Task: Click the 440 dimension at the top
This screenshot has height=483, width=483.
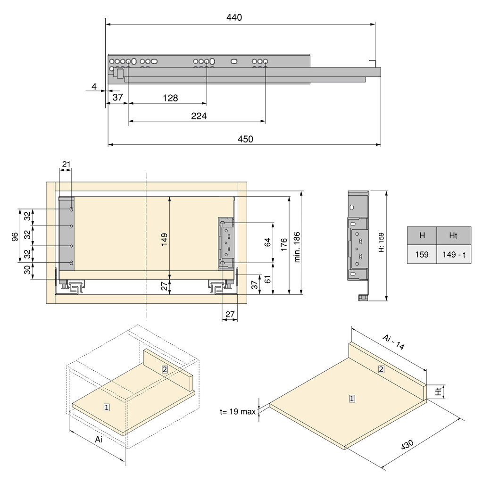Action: (234, 18)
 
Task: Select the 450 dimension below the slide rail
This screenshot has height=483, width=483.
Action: (245, 139)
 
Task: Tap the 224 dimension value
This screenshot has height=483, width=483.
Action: (199, 116)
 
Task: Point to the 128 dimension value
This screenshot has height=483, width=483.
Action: (170, 98)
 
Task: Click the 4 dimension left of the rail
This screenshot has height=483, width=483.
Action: (94, 86)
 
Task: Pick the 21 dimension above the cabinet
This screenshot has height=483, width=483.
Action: (66, 164)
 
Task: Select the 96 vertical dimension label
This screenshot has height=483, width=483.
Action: (15, 235)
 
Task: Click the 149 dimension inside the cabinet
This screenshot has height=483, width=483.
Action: (164, 239)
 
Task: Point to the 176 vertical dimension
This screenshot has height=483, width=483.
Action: (283, 245)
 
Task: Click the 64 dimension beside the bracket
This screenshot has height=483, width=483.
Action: (268, 242)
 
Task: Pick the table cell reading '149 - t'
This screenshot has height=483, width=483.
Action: (453, 255)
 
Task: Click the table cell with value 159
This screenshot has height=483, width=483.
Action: (422, 255)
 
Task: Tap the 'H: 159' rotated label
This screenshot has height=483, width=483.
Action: (381, 243)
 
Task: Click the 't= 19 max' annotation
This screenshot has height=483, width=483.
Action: (237, 411)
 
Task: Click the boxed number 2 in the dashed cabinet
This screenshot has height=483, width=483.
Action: (165, 369)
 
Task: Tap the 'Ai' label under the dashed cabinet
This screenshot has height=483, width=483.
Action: (99, 439)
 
